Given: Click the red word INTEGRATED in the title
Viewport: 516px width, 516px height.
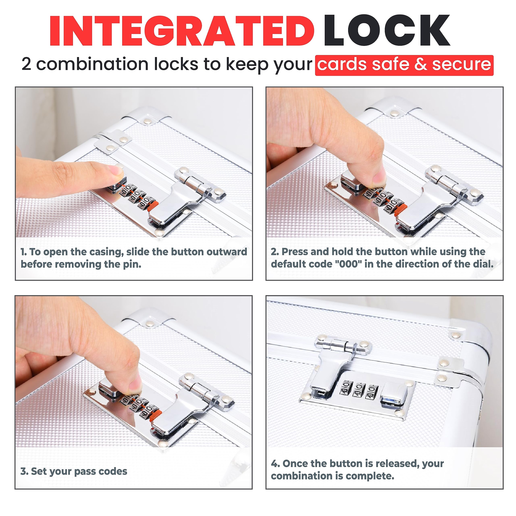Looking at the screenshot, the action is (182, 31).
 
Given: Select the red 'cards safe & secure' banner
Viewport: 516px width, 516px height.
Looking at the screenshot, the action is (404, 65).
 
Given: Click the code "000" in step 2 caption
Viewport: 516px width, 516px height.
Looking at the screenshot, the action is (348, 264).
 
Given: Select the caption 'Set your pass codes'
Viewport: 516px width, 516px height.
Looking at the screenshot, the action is (74, 456).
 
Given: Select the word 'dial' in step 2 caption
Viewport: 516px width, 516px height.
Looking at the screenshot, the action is (483, 264).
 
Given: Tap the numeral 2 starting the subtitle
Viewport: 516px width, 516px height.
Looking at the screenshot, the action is (26, 64).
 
